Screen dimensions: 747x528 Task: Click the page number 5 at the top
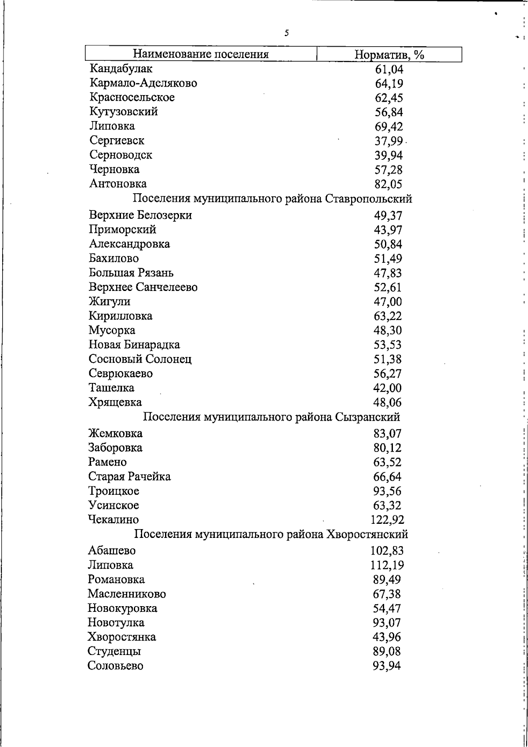coord(286,33)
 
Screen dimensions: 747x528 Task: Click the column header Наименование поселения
coord(201,55)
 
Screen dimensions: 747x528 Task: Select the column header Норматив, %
coord(389,55)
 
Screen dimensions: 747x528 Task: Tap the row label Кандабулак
coord(121,69)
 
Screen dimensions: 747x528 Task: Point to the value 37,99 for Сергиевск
coord(389,141)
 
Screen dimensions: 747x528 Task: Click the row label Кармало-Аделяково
coord(143,83)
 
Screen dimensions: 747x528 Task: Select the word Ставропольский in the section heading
coord(369,199)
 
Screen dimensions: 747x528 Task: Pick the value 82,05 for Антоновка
coord(389,184)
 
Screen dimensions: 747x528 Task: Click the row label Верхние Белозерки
coord(140,215)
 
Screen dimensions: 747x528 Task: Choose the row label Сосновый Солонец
coord(140,359)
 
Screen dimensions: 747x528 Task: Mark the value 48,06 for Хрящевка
coord(388,402)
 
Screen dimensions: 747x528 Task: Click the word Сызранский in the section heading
coord(367,417)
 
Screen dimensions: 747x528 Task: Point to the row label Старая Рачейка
coord(129,477)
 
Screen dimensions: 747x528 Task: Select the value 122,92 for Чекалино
coord(387,520)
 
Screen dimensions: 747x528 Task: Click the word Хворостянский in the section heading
coord(367,534)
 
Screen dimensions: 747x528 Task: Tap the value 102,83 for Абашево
coord(387,551)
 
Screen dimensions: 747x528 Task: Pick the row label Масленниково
coord(127,594)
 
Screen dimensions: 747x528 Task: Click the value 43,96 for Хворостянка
coord(387,637)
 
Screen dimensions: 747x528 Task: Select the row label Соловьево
coord(115,666)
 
